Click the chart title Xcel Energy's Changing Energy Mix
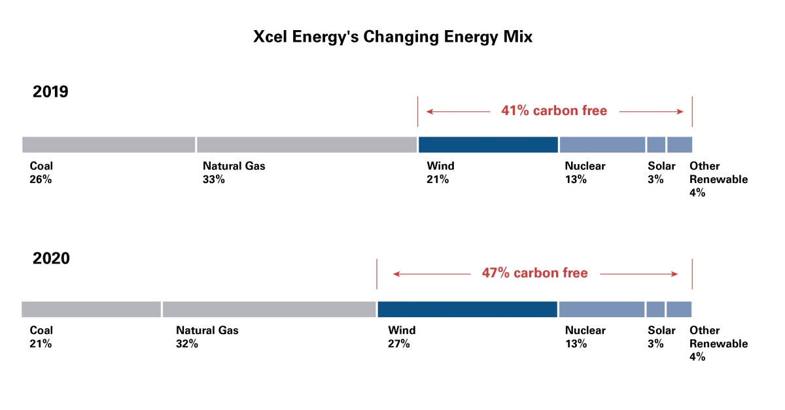[392, 37]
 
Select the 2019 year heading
[50, 92]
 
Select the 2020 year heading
[51, 258]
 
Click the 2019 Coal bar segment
[109, 145]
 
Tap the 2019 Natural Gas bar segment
[306, 145]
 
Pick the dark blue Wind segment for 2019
[488, 145]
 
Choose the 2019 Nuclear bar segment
[602, 145]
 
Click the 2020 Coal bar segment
[91, 309]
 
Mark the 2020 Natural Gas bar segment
[269, 309]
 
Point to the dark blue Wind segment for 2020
[467, 309]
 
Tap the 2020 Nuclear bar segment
[602, 309]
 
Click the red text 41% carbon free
[554, 111]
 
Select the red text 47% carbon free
[534, 273]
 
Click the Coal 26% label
[41, 173]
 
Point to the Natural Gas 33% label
[234, 173]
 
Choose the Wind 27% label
[401, 337]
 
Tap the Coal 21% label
[41, 337]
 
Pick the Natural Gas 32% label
[207, 337]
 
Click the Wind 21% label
[440, 173]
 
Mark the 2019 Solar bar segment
[656, 145]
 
